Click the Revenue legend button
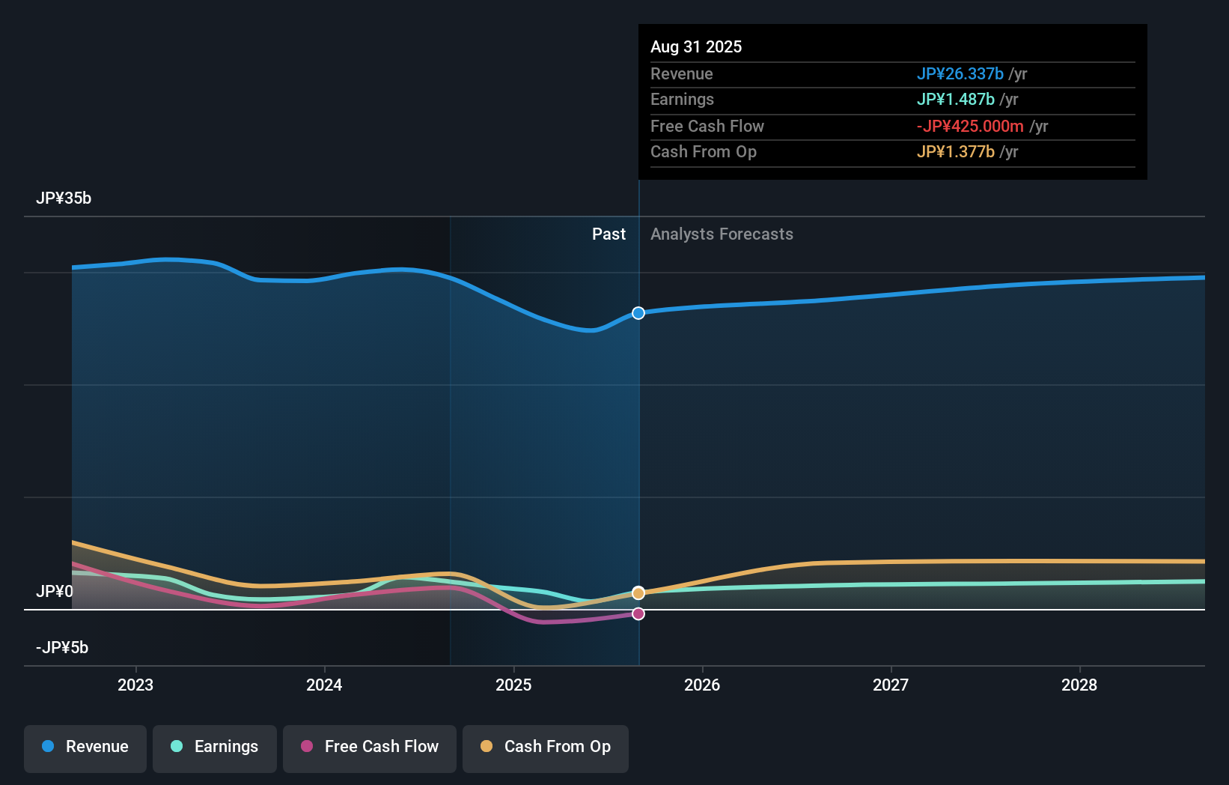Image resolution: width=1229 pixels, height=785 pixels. (x=85, y=747)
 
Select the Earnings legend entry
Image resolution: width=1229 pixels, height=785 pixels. (x=215, y=747)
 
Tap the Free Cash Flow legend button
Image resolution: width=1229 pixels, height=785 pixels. (x=370, y=747)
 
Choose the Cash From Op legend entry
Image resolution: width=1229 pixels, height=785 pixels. (x=546, y=747)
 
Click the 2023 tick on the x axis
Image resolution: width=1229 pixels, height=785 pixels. (x=135, y=685)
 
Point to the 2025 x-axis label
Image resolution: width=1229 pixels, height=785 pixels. (x=513, y=685)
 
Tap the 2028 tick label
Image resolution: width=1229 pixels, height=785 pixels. (x=1079, y=685)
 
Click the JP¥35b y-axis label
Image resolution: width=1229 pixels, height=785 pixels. (x=64, y=198)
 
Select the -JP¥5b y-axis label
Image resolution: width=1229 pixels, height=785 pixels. (x=62, y=648)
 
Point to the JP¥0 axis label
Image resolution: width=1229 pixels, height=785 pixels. (x=55, y=592)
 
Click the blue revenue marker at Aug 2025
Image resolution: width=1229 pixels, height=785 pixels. (x=638, y=313)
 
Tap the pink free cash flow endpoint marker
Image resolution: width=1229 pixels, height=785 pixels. (x=638, y=614)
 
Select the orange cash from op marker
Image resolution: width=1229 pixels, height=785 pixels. (x=638, y=593)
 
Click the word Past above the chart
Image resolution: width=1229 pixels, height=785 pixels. (x=609, y=234)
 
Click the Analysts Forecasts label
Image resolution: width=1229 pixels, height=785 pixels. (x=722, y=234)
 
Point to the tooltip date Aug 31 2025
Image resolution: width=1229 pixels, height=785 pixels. (x=696, y=47)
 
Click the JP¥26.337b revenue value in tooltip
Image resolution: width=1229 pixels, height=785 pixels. (x=960, y=74)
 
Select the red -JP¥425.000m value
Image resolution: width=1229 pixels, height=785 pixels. (x=970, y=127)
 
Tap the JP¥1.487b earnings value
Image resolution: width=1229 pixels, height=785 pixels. (x=955, y=100)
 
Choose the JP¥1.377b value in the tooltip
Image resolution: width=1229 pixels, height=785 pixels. (x=955, y=152)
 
